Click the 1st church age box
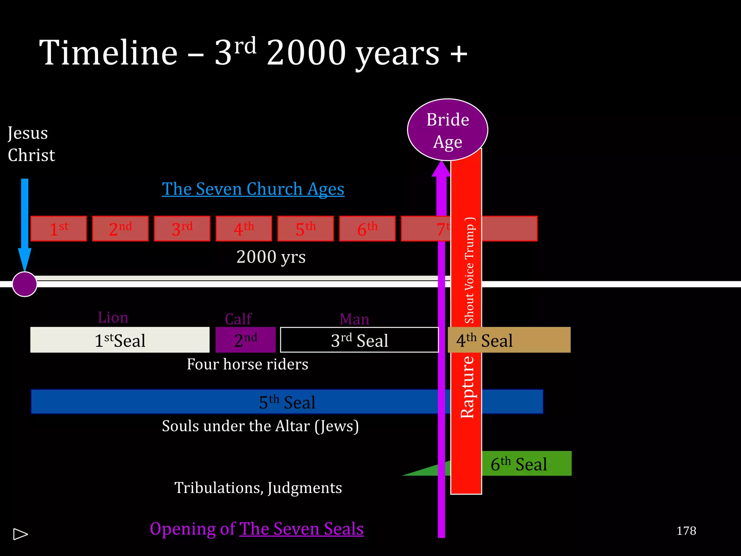[59, 229]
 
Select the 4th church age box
[244, 229]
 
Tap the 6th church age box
[367, 229]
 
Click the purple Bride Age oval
[448, 130]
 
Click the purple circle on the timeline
[25, 284]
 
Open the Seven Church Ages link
[253, 189]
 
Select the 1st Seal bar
[120, 340]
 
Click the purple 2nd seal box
[245, 340]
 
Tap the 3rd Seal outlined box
[359, 340]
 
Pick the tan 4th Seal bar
[509, 340]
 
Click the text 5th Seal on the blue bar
[287, 402]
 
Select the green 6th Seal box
[526, 464]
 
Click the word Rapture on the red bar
[467, 387]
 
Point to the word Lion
[113, 317]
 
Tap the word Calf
[238, 319]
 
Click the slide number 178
[686, 531]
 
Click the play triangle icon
[20, 534]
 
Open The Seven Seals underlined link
[301, 529]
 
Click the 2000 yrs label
[271, 257]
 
